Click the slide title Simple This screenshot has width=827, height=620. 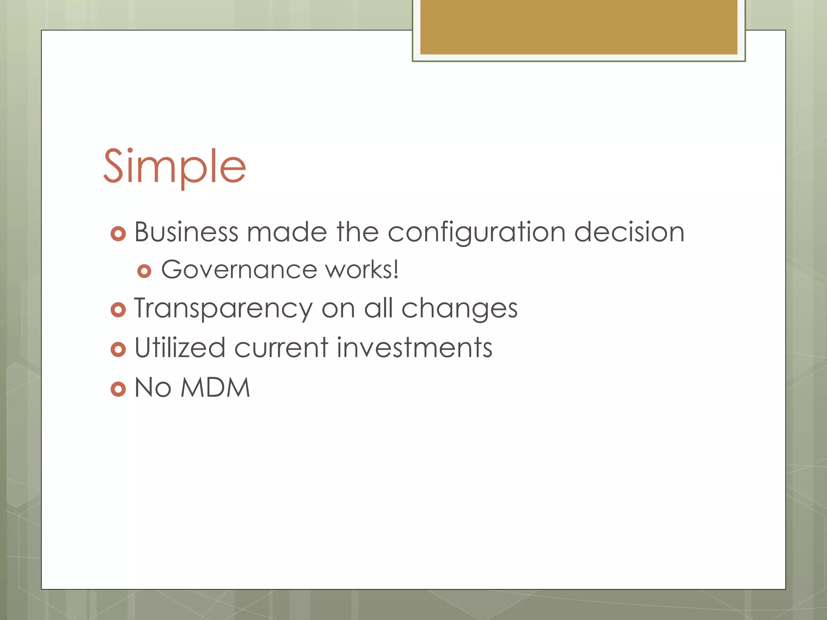(x=174, y=166)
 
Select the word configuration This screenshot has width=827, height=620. (x=476, y=233)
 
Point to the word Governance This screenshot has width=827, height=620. (x=239, y=270)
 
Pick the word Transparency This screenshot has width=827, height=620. (x=223, y=309)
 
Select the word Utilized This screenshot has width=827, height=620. (x=180, y=348)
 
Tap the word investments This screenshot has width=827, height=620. (x=414, y=348)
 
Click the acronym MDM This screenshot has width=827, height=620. (x=215, y=388)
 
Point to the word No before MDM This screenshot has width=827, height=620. (x=153, y=388)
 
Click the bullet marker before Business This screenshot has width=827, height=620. (x=118, y=234)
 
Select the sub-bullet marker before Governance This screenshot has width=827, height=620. (x=144, y=271)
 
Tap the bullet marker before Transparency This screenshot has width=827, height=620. (x=118, y=310)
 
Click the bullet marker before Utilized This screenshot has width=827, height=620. (x=118, y=349)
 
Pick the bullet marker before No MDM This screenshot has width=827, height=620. (x=118, y=389)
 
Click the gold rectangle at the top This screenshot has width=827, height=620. (x=578, y=27)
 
